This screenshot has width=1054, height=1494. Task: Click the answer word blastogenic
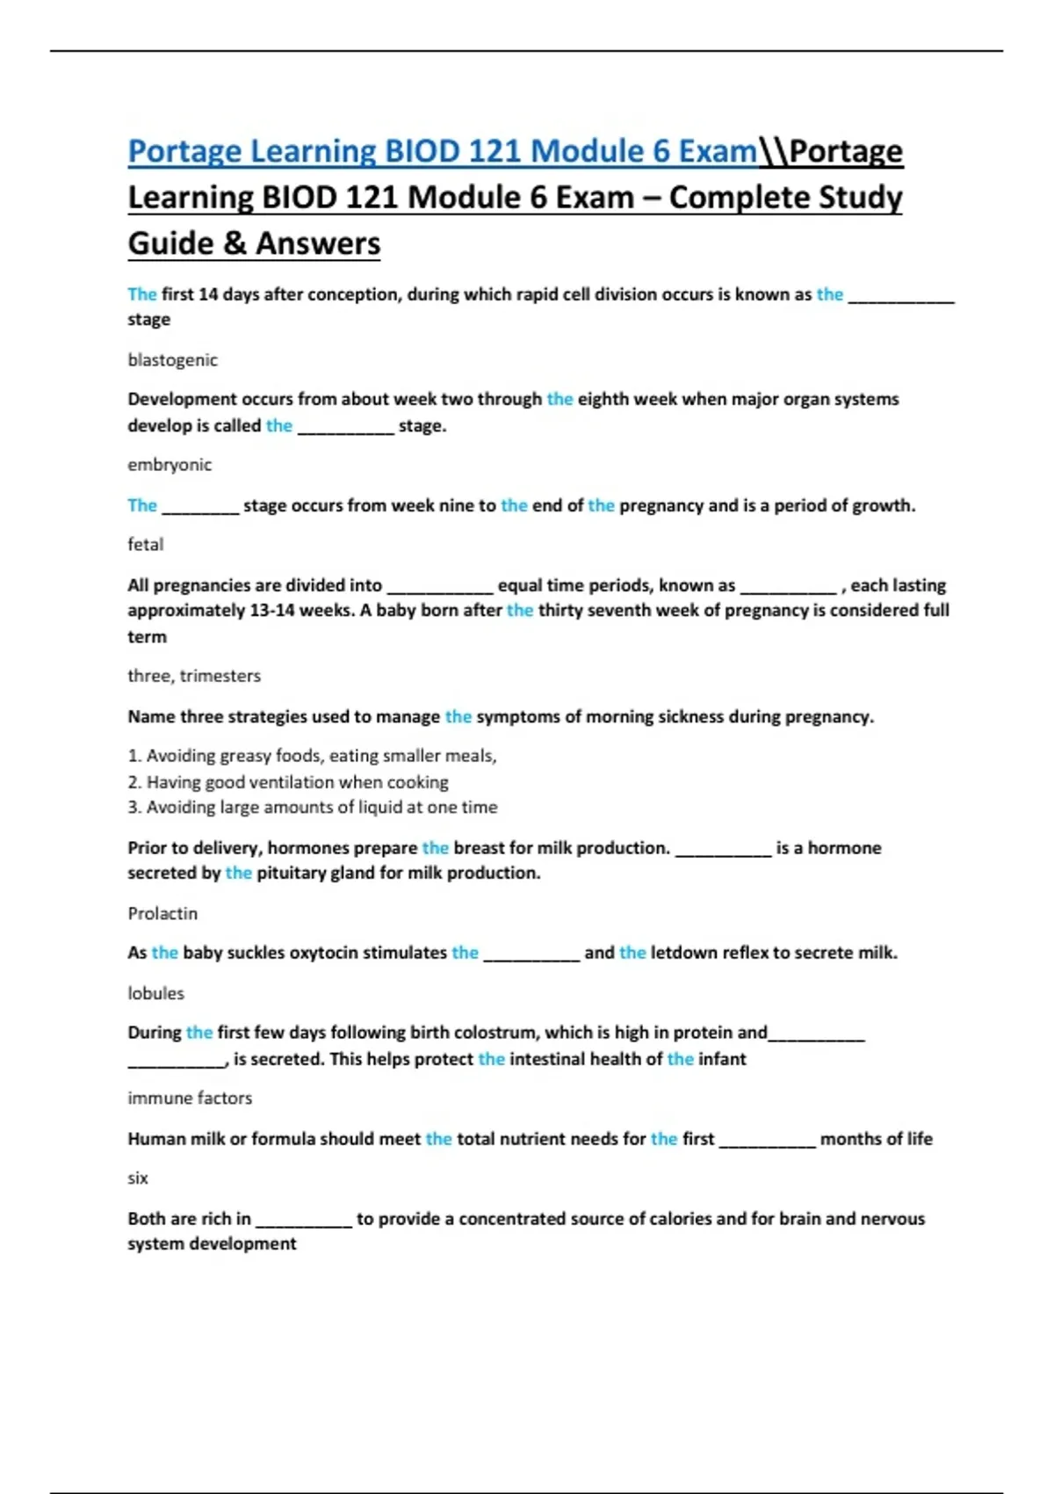(172, 359)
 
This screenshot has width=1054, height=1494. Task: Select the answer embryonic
(170, 465)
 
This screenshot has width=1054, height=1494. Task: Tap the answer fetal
(145, 545)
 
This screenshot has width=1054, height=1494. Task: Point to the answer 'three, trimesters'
(194, 676)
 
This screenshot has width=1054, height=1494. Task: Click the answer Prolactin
(162, 914)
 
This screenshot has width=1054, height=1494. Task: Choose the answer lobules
(155, 993)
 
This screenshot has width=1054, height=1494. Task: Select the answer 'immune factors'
(190, 1099)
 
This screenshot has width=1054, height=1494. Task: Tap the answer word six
(138, 1179)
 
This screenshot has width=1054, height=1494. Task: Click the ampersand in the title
(235, 243)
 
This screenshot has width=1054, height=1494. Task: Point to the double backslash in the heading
(773, 152)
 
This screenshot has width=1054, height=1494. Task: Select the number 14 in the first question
(208, 294)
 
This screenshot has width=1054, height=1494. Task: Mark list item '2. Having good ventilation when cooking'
(288, 782)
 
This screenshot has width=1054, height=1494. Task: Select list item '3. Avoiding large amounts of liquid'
(313, 808)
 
